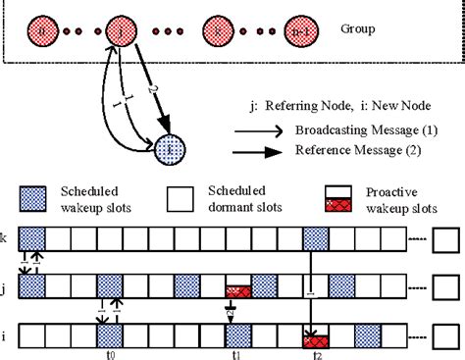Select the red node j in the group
point(120,29)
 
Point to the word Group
point(359,28)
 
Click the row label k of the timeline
point(6,238)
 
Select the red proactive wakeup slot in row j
point(238,291)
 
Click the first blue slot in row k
point(30,238)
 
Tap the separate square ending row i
point(445,334)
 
